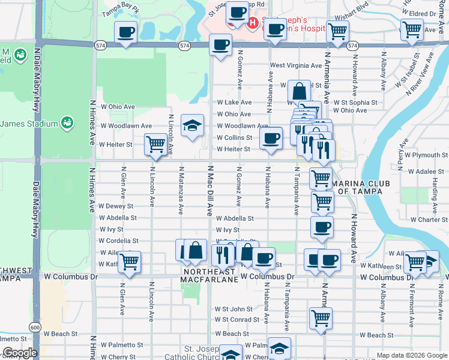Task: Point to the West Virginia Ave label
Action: pyautogui.click(x=295, y=65)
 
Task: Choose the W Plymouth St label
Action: pyautogui.click(x=426, y=155)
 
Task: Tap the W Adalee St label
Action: pyautogui.click(x=426, y=171)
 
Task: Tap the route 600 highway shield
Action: pyautogui.click(x=35, y=328)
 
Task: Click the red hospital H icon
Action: pyautogui.click(x=253, y=23)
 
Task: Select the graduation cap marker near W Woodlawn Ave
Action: pyautogui.click(x=192, y=125)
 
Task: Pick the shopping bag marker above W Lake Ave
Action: pyautogui.click(x=299, y=92)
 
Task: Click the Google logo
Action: pyautogui.click(x=20, y=353)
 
